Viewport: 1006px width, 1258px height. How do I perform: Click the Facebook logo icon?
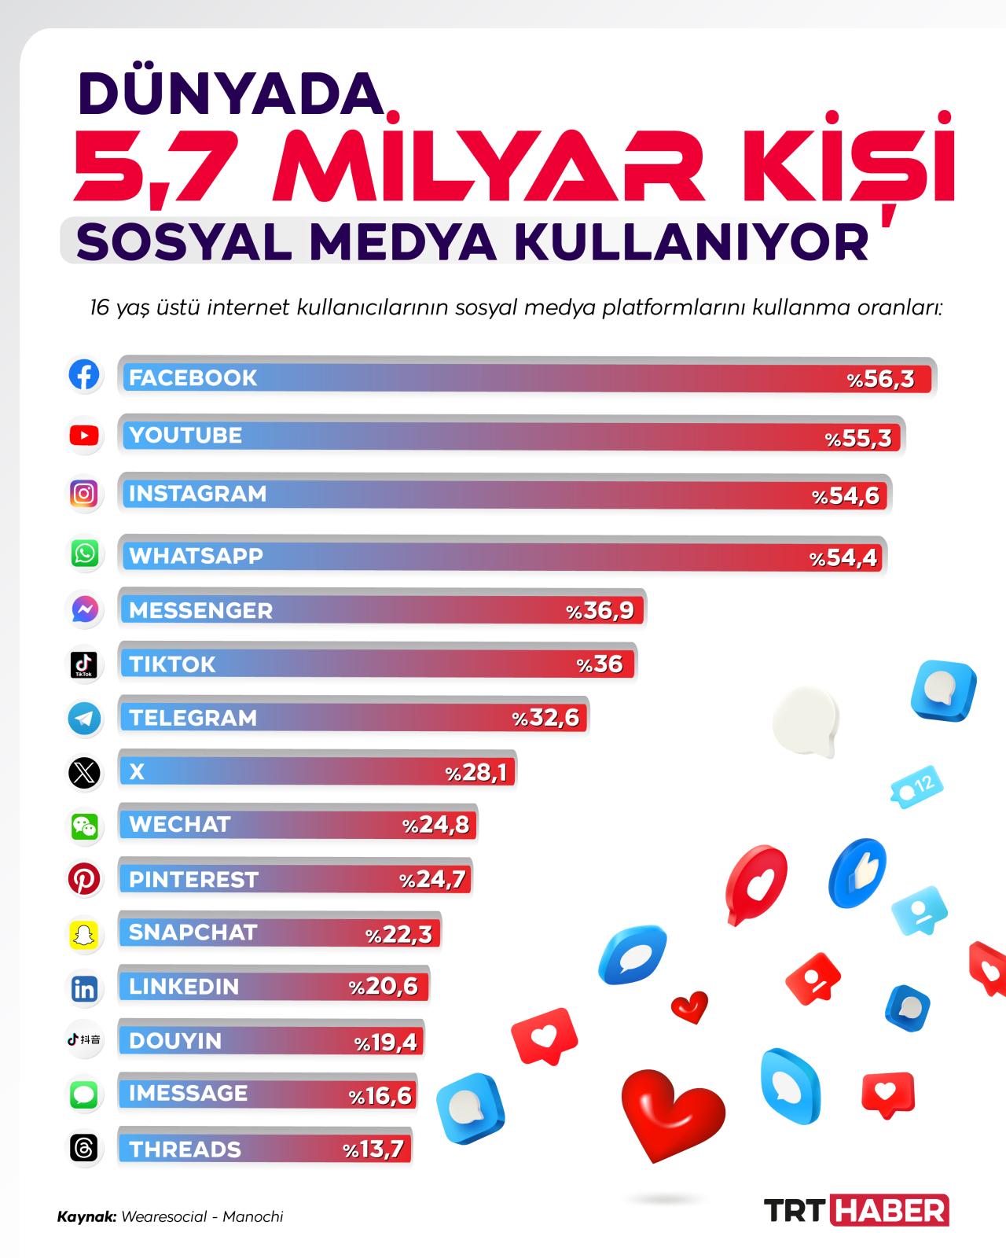pos(84,374)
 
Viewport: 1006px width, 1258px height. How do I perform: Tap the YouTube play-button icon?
pos(84,435)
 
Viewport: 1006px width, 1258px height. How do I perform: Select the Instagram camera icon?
pos(84,494)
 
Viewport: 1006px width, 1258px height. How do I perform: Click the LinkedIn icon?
pos(84,989)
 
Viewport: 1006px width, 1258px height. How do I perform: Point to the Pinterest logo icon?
pos(84,878)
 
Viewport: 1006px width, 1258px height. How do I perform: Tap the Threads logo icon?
pos(84,1147)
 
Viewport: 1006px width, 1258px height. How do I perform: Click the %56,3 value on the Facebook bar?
pos(880,380)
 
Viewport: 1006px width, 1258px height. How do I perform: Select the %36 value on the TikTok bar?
pos(600,664)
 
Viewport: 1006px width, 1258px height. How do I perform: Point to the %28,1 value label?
pos(475,773)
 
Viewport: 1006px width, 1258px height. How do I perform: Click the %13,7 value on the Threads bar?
pos(373,1149)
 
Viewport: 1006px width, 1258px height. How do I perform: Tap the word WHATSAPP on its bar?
pos(196,555)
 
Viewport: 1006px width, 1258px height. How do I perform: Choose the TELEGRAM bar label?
pos(193,717)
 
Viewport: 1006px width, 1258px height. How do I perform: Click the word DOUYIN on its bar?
pos(175,1040)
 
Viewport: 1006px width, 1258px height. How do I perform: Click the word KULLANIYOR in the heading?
pos(692,242)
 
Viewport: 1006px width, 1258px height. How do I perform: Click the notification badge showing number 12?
pos(916,786)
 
